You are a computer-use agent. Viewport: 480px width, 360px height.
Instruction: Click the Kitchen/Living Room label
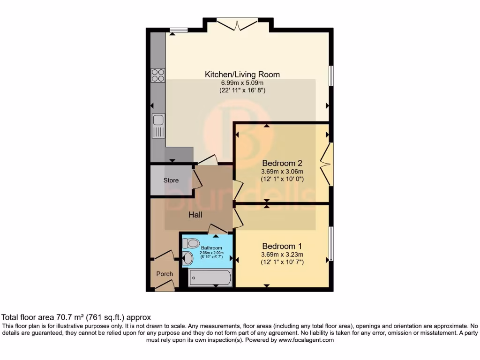click(242, 74)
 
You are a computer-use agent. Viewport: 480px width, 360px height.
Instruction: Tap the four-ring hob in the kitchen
click(158, 75)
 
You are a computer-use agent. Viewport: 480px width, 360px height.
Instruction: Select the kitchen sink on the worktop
click(158, 126)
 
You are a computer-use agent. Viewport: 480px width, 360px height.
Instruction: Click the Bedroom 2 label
click(282, 163)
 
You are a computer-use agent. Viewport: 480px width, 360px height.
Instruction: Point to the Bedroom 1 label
click(282, 246)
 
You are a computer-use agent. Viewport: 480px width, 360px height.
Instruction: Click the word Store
click(171, 180)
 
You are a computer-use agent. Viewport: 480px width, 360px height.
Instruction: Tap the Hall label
click(195, 215)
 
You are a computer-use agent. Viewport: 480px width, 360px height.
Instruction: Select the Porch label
click(164, 274)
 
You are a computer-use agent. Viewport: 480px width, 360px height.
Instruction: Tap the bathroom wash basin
click(187, 258)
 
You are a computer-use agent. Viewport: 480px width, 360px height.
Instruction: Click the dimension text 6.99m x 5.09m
click(242, 83)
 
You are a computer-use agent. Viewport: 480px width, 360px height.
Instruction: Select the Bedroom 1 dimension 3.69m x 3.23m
click(282, 255)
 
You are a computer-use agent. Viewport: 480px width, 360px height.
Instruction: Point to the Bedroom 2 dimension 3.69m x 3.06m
click(282, 172)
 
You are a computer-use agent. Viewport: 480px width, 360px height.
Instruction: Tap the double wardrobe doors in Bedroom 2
click(325, 164)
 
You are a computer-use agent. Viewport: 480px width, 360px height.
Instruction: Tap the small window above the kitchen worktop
click(178, 30)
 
